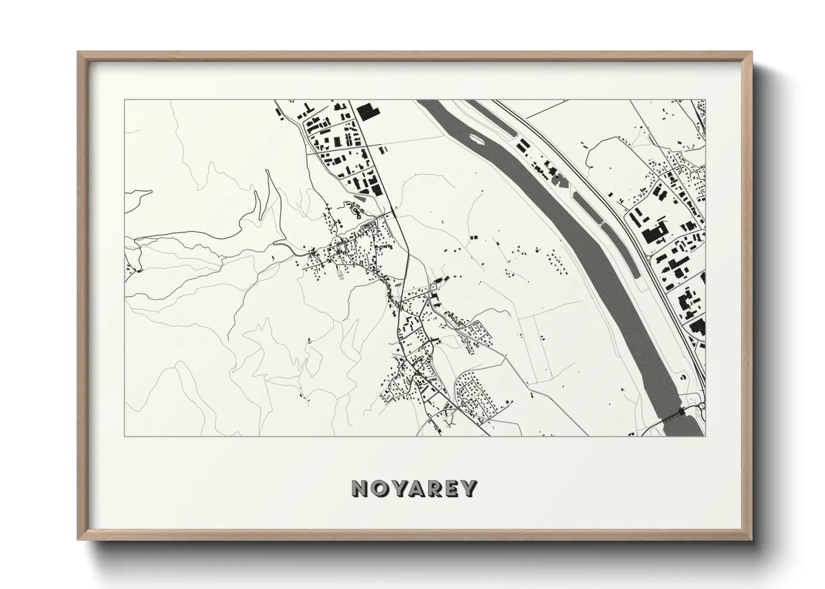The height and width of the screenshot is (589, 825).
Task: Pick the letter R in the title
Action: click(x=434, y=488)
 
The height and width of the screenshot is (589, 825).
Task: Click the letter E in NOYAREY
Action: click(x=452, y=488)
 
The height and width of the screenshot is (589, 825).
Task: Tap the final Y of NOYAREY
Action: click(x=469, y=488)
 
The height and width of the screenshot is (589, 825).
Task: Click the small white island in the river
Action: click(x=477, y=137)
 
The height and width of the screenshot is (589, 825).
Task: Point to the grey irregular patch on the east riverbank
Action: click(x=557, y=178)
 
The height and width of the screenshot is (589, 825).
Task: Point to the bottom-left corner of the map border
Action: click(x=124, y=436)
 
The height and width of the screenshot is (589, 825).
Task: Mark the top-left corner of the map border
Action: click(x=124, y=100)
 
